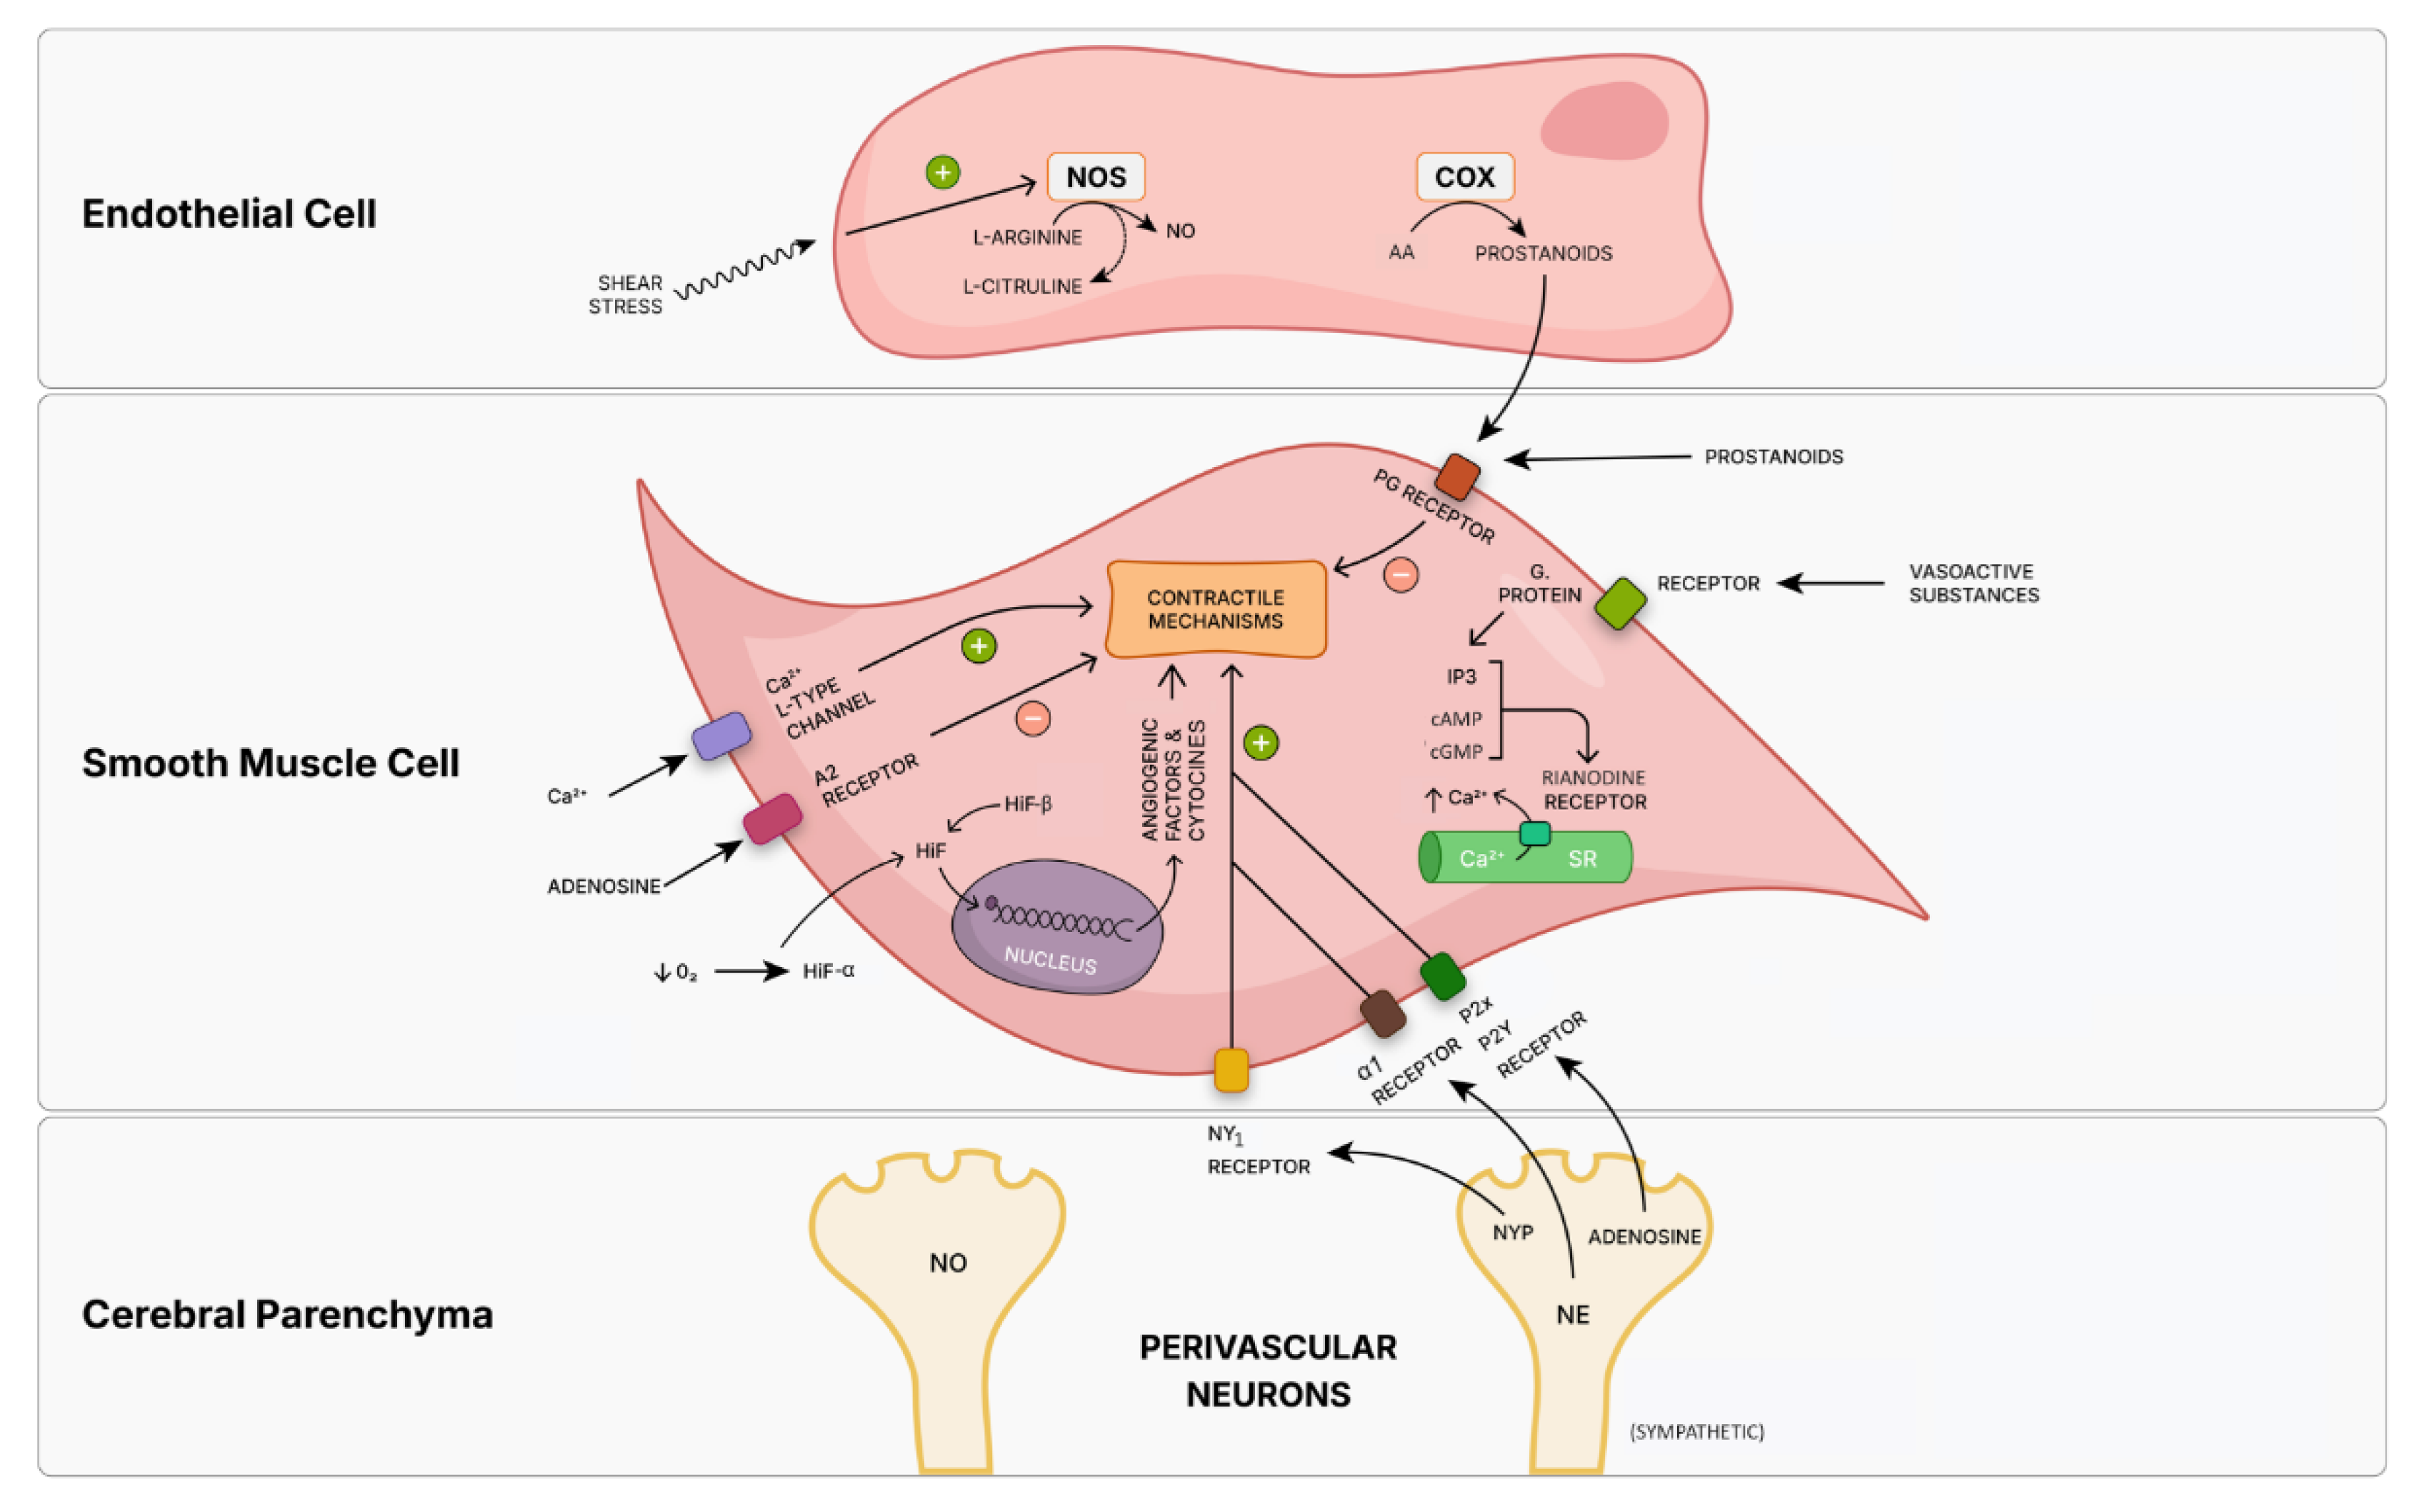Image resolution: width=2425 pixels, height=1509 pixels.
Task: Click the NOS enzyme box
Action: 1095,176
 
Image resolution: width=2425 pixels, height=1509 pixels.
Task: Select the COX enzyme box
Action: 1464,176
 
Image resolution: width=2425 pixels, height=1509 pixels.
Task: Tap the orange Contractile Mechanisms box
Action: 1216,608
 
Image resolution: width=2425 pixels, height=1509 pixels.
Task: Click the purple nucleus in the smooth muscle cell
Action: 1056,928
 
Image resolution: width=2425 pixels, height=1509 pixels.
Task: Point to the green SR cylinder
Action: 1525,857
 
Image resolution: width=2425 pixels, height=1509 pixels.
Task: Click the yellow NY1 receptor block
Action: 1231,1070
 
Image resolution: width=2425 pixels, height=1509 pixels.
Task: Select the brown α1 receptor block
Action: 1382,1014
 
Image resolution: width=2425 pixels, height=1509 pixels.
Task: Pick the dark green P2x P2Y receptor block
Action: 1442,976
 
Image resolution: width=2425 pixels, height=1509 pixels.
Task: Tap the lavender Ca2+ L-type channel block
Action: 721,736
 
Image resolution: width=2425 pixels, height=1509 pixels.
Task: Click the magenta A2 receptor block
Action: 771,818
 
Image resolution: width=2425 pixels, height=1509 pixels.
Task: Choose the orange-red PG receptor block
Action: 1457,476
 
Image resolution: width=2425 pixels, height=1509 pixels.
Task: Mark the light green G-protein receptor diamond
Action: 1620,603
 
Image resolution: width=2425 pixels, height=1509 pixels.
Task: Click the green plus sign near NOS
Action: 942,171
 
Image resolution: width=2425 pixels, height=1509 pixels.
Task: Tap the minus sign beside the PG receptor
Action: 1400,575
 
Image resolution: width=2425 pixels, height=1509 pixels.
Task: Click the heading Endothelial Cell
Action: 229,214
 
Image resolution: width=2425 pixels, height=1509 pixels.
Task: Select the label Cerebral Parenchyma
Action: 286,1313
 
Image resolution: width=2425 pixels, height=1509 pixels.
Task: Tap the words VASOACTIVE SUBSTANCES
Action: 1973,583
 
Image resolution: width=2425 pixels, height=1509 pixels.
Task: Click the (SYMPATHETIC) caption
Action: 1696,1432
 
